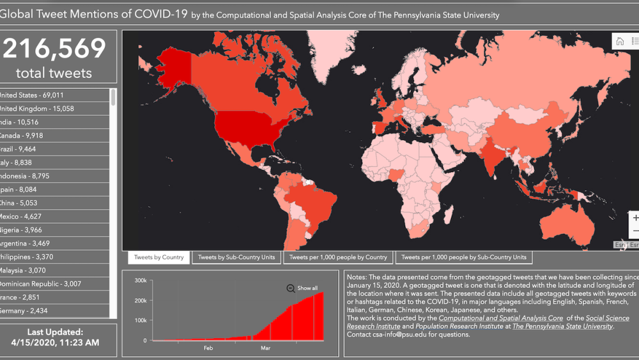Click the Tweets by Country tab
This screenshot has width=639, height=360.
(159, 258)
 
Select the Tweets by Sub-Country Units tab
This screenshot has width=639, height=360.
(236, 258)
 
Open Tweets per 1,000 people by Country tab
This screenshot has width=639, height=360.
(338, 258)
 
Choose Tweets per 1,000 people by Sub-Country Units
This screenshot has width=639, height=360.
(464, 258)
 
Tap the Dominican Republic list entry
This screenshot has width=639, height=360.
(40, 284)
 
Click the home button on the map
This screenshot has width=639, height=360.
(619, 42)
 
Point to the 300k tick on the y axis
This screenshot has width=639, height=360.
(141, 281)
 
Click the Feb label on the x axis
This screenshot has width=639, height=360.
(208, 348)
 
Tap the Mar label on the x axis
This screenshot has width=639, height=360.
(265, 348)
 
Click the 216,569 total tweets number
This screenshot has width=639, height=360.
(54, 49)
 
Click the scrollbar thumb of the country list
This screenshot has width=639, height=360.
(114, 97)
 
